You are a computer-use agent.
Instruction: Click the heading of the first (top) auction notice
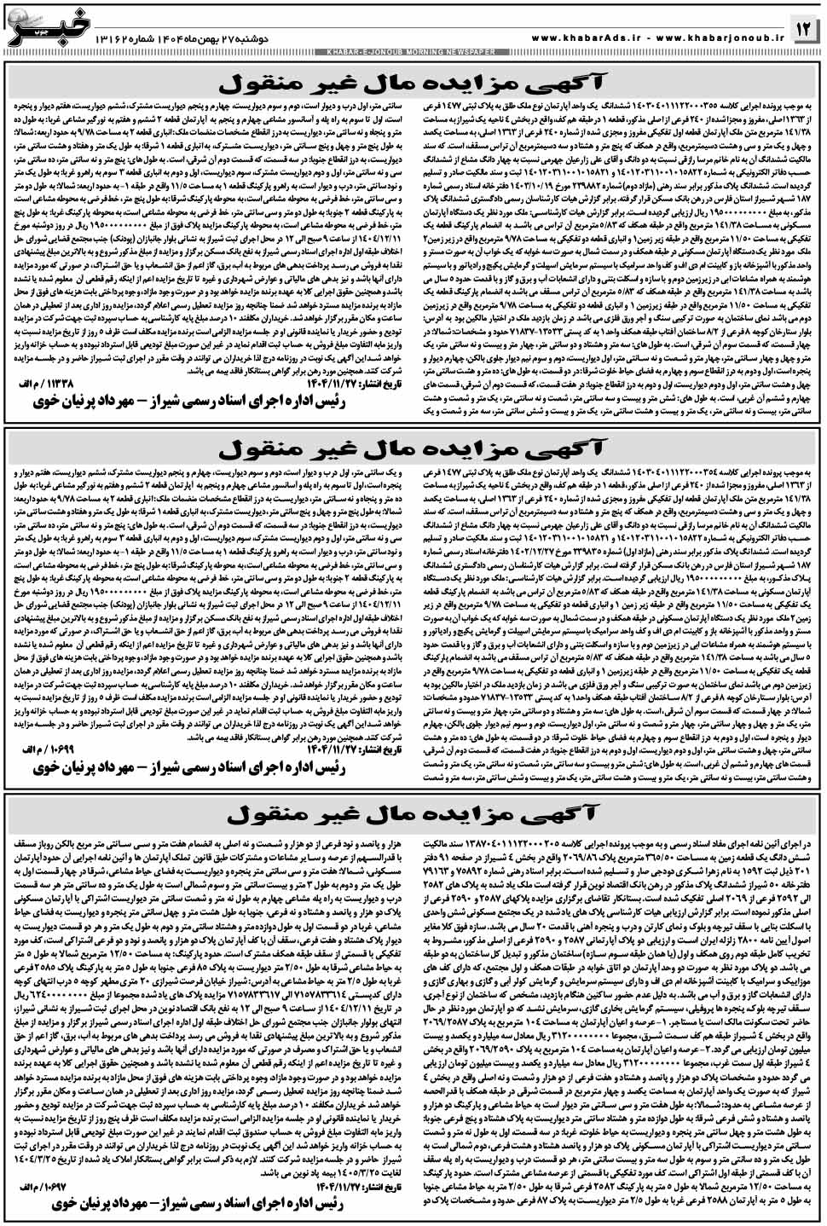[x=414, y=84]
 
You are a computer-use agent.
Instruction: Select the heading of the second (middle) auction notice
[x=414, y=448]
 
